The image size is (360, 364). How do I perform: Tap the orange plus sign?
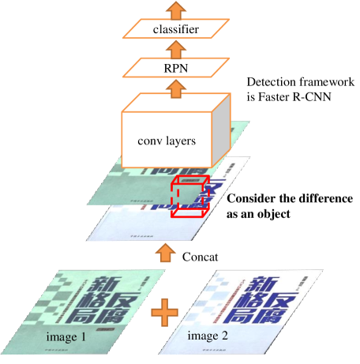163,313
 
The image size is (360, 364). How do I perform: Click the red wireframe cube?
189,197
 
